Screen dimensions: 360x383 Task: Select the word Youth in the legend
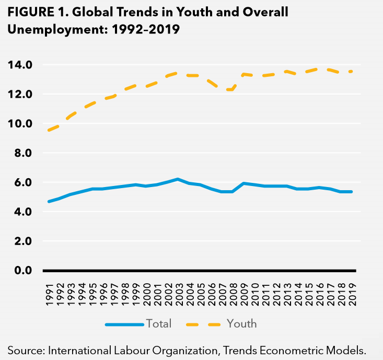pos(241,324)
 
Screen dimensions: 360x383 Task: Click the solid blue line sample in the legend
pos(124,324)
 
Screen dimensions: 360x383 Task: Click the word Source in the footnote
pos(25,349)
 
